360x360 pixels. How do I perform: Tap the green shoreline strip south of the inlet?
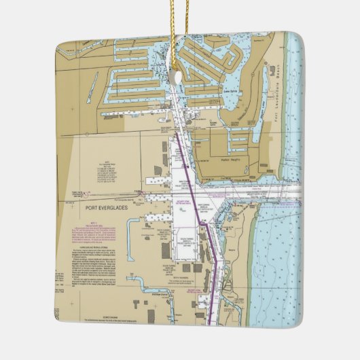252,258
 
